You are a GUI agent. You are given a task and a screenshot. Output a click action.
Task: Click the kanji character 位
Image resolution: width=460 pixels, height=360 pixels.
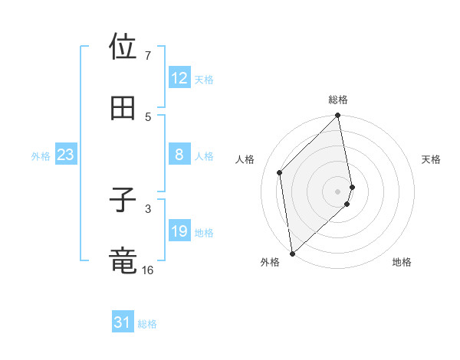tap(123, 48)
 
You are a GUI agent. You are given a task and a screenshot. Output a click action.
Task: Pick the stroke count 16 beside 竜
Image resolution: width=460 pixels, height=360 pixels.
tap(147, 270)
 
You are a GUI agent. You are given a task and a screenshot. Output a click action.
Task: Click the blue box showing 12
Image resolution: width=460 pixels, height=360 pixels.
tap(179, 78)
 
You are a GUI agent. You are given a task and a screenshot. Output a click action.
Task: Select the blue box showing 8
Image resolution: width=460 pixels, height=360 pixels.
tap(179, 155)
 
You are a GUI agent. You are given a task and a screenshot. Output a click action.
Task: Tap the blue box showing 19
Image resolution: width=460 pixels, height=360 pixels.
tap(179, 231)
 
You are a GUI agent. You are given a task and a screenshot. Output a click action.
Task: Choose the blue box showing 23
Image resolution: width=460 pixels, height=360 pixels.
tap(66, 155)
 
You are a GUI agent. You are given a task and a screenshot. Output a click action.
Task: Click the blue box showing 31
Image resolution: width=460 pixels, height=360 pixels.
tap(123, 322)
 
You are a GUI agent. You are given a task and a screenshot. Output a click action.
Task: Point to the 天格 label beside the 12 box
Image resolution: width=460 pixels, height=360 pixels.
tap(204, 80)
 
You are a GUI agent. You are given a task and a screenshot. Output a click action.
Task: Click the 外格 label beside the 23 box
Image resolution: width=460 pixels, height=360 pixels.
tap(41, 156)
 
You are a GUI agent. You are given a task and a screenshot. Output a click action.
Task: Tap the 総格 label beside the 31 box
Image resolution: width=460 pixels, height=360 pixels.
tap(147, 324)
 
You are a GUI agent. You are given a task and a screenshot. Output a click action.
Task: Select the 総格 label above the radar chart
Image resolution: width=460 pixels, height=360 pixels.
tap(338, 100)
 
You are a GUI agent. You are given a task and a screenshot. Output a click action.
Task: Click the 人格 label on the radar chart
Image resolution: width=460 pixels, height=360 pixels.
tap(245, 159)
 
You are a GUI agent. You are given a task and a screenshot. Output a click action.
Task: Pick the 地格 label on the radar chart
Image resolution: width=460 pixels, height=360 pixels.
tap(402, 262)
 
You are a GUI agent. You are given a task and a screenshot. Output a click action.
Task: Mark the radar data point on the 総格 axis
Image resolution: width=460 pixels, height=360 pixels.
tap(338, 116)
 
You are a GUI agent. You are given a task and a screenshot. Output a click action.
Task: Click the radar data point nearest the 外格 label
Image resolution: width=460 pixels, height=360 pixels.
tap(292, 253)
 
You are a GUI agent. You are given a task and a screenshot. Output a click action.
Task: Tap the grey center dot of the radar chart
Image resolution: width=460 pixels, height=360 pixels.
tap(338, 191)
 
